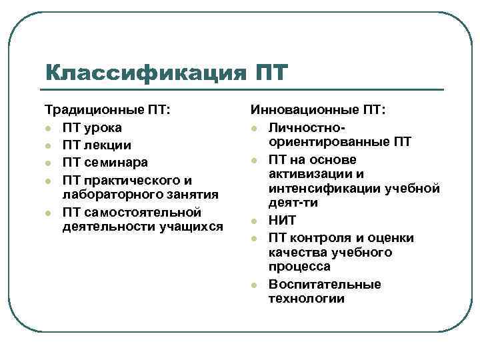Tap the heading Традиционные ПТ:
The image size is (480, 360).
click(107, 109)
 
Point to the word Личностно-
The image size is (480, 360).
click(307, 127)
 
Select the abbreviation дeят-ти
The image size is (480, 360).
click(293, 203)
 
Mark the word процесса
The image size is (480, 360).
click(299, 267)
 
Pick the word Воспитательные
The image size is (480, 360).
click(325, 285)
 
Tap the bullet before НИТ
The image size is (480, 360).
click(254, 221)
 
